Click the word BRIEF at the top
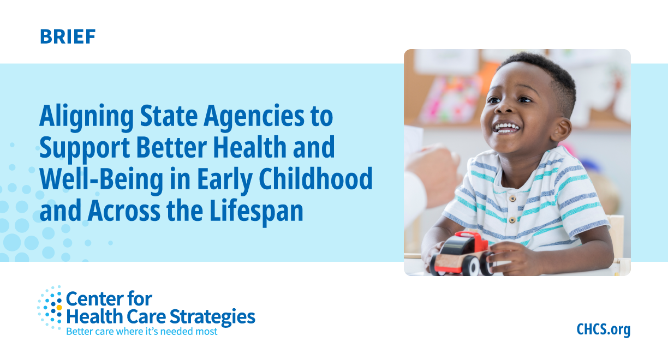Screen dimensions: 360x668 point(68,37)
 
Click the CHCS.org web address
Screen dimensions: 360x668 point(603,329)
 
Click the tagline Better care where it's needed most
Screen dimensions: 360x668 point(141,331)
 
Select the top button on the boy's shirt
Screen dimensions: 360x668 point(513,198)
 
